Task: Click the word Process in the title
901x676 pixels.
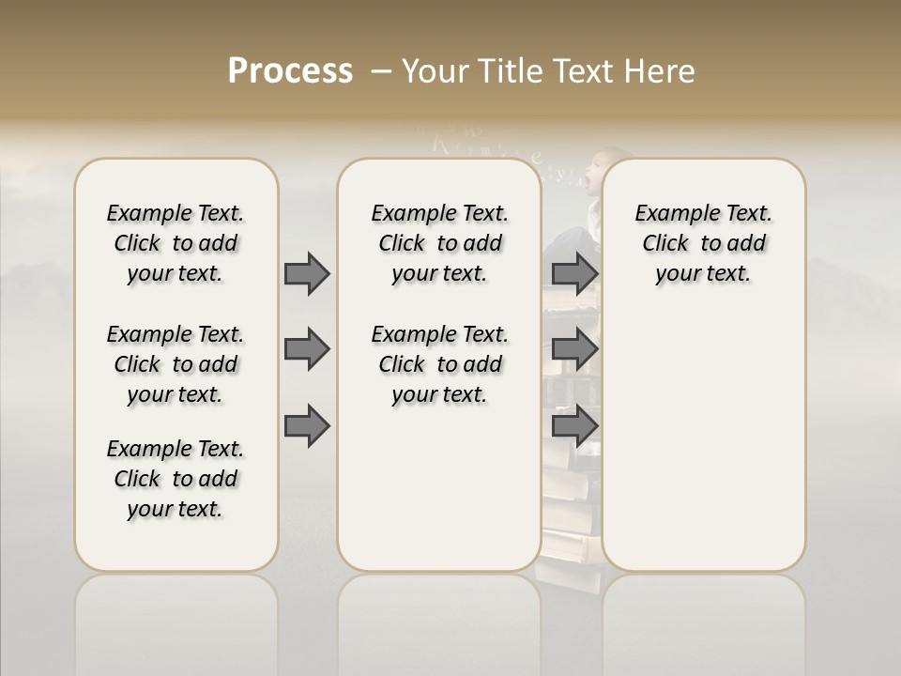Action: click(290, 71)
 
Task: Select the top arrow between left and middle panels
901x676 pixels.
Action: click(307, 274)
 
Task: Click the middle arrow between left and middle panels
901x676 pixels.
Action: click(307, 349)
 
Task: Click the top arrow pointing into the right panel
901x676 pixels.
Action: click(574, 274)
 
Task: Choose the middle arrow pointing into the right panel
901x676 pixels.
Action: click(574, 349)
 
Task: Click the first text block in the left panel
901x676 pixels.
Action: click(176, 243)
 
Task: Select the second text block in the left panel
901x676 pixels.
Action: click(176, 364)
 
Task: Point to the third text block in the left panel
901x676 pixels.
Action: click(176, 479)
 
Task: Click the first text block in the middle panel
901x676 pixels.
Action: click(439, 243)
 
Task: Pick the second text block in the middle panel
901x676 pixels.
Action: click(439, 364)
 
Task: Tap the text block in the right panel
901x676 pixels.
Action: click(703, 243)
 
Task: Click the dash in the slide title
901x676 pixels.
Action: click(381, 71)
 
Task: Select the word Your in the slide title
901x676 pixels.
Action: click(435, 71)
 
